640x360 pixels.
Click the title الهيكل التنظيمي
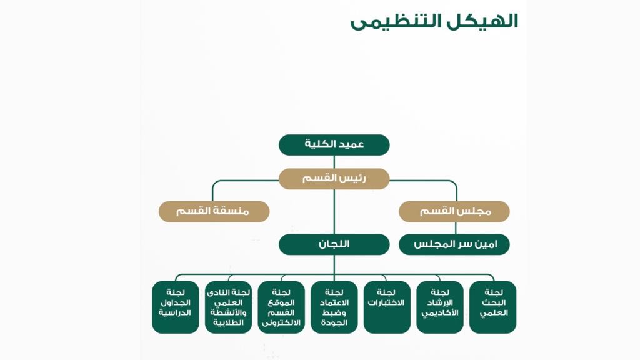pos(434,21)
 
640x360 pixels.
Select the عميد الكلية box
pos(334,144)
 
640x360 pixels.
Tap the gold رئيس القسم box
pos(334,179)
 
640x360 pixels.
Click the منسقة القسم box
pos(214,211)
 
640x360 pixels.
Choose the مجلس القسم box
pos(454,211)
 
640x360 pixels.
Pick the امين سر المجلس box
pos(454,244)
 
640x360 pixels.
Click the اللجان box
pos(334,244)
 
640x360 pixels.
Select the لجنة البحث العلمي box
pos(493,307)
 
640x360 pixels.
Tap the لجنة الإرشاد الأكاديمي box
pos(440,307)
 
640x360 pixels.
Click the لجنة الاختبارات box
pos(387,307)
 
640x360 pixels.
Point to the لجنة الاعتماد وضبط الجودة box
pos(334,307)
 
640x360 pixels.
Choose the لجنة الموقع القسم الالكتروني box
pos(281,307)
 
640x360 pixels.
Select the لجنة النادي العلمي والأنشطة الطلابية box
pos(228,307)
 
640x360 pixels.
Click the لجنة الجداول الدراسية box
pos(176,307)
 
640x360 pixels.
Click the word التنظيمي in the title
pos(391,21)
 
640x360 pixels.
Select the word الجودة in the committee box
pos(334,322)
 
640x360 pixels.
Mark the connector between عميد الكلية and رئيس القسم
pos(334,162)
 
